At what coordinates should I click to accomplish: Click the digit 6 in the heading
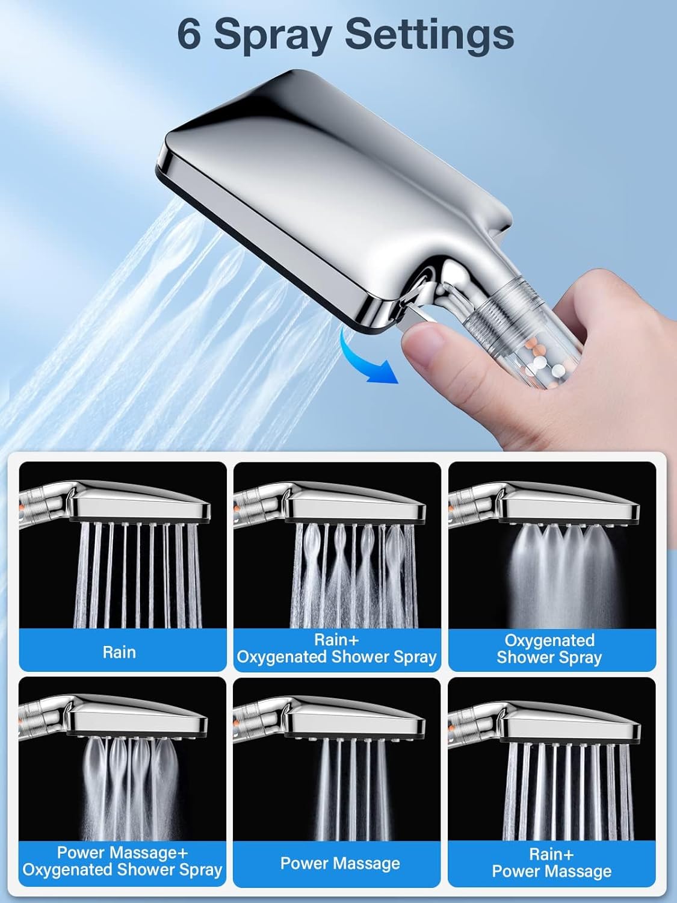point(190,36)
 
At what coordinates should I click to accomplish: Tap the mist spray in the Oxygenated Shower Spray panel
point(563,576)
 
